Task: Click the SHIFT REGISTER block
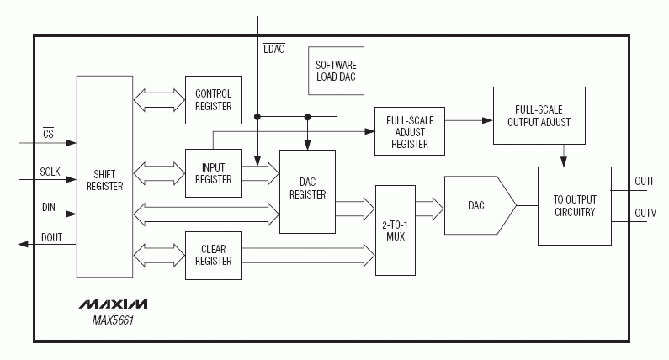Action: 105,177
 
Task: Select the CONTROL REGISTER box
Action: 213,99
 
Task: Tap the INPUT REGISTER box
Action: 213,173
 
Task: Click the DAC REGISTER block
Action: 307,191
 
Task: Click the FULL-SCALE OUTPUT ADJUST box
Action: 539,115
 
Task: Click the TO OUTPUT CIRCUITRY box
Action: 575,205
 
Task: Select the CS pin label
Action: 48,134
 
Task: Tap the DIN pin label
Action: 49,208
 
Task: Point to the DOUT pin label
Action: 52,237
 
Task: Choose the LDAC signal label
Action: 274,49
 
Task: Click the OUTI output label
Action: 644,182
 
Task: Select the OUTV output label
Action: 645,214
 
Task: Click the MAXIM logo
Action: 114,304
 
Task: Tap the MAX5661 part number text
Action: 113,320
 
